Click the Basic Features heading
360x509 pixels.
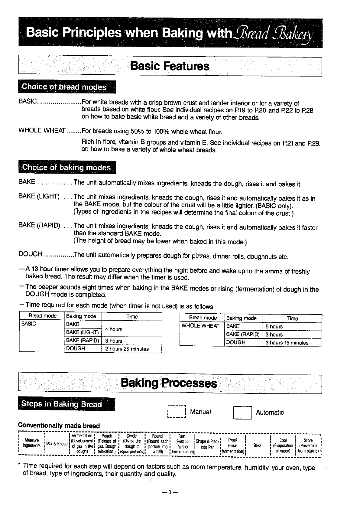170,66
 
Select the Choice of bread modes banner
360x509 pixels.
64,87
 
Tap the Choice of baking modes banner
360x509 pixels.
66,168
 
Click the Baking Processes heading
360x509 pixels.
169,383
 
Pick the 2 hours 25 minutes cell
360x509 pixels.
127,349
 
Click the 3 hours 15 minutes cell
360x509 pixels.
287,343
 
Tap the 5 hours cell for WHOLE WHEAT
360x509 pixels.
274,327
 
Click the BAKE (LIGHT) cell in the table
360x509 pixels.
83,333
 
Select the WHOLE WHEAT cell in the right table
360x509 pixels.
200,326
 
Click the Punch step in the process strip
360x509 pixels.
107,444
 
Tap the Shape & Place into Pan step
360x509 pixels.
207,444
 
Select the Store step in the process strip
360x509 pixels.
308,445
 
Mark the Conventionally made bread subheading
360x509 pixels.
59,426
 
